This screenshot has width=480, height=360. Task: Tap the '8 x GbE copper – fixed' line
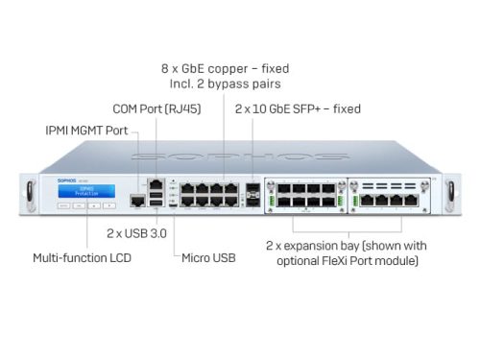pyautogui.click(x=225, y=68)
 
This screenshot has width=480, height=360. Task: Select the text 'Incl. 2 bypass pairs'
pyautogui.click(x=225, y=85)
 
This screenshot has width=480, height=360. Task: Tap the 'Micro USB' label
pyautogui.click(x=208, y=257)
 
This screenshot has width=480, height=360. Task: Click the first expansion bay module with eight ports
pyautogui.click(x=305, y=193)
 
